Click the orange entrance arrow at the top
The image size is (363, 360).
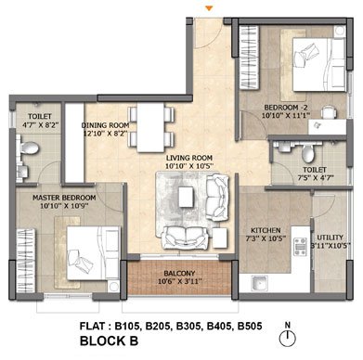coord(210,8)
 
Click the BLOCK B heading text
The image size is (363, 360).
coord(109,341)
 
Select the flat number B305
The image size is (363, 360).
coord(189,326)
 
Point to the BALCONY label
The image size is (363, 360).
coord(179,274)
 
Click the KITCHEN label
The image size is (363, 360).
coord(266,230)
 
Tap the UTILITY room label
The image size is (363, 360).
coord(331,238)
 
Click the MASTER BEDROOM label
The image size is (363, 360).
coord(64,198)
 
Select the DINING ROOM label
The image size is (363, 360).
coord(105,125)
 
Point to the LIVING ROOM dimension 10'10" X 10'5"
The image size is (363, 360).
coord(189,166)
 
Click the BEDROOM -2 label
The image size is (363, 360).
coord(286,108)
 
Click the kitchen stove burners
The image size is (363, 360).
coord(300,247)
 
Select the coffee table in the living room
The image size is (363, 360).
coord(186,198)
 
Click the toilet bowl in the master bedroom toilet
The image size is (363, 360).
coord(29,148)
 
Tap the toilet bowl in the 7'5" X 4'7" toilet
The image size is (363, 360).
coord(307,154)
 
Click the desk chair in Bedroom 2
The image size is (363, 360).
coord(329,112)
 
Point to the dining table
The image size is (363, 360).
coord(150,127)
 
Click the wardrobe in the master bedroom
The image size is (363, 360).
coord(26,260)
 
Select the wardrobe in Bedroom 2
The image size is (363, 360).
coord(249,58)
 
